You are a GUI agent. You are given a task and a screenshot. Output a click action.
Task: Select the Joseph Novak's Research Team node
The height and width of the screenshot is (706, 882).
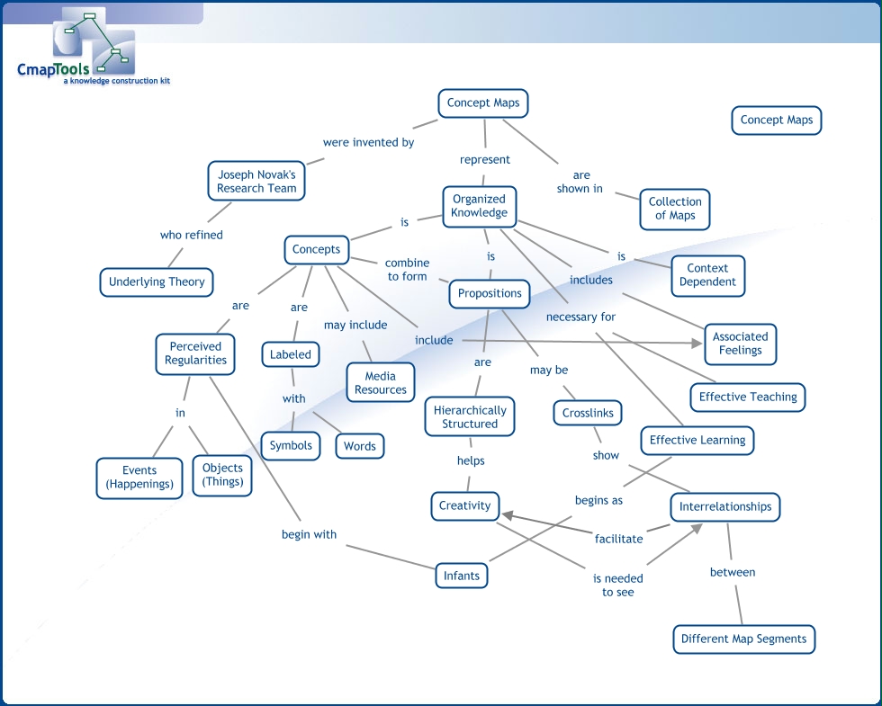point(256,182)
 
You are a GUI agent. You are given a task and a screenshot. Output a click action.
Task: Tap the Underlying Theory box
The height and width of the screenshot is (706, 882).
point(157,282)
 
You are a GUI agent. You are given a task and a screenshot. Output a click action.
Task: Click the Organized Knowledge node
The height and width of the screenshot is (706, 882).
point(479,206)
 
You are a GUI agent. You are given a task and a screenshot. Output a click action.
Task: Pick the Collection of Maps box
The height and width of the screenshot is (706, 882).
point(674,209)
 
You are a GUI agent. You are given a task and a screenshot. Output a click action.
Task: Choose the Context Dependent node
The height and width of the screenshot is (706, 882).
point(707,274)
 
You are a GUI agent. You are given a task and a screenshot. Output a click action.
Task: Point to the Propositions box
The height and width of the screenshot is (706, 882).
point(490,293)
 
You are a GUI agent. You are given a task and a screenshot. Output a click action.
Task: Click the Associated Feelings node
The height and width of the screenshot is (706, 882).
point(740,344)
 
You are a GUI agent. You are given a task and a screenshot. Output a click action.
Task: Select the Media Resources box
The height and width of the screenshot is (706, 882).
point(381,383)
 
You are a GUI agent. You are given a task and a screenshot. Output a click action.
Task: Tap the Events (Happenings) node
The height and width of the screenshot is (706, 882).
point(139,477)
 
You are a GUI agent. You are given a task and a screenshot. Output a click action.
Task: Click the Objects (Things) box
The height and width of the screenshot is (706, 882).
point(222,475)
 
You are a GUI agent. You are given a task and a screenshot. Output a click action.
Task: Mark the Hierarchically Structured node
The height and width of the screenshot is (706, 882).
point(470,416)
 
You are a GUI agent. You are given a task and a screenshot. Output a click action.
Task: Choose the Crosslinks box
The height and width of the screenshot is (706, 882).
point(588,414)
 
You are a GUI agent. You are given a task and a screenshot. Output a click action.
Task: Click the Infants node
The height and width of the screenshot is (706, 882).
point(462,576)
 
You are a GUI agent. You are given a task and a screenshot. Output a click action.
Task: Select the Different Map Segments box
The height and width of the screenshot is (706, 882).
point(743,639)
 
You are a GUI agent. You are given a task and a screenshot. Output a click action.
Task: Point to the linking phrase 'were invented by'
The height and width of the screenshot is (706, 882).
point(368,142)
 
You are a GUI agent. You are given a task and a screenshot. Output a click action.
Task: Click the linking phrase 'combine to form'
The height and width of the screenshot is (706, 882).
point(407,270)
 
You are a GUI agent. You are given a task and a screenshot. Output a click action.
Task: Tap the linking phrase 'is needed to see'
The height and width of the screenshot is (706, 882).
point(617,585)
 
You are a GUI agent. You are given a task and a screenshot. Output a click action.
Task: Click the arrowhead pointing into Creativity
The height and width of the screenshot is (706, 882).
point(507,516)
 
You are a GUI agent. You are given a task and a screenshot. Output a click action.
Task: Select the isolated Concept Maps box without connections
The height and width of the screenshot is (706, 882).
point(776,120)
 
